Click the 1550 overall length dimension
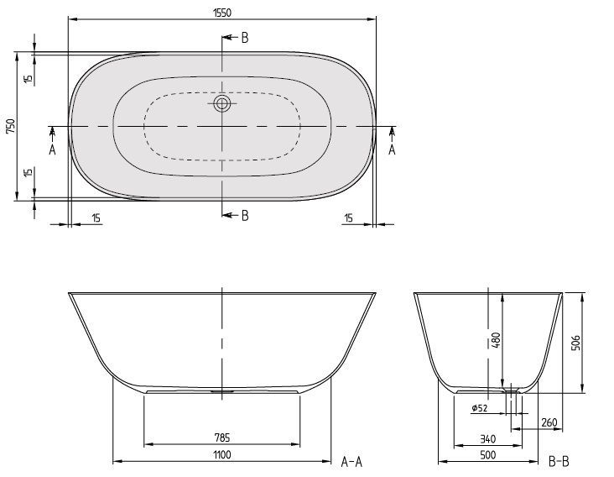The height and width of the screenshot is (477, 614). click(x=222, y=13)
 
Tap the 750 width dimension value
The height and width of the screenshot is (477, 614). click(x=11, y=126)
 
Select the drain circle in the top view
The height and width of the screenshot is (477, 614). click(x=222, y=104)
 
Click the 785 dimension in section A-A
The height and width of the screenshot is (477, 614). click(x=222, y=437)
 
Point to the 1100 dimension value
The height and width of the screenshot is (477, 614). click(x=222, y=454)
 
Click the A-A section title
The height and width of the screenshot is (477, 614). click(x=351, y=462)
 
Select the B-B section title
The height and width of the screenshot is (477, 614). click(x=559, y=462)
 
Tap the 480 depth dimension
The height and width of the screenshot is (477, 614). click(x=496, y=341)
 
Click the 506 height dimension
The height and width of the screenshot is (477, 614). click(x=576, y=343)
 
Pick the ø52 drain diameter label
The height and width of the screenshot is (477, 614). click(x=480, y=408)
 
